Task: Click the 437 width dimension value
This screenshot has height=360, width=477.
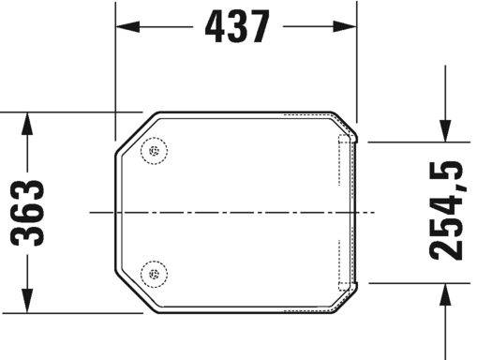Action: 236,28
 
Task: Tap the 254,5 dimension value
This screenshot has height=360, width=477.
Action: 445,211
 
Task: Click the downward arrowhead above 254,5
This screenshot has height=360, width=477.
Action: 444,130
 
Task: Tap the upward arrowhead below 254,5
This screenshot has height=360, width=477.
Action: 444,293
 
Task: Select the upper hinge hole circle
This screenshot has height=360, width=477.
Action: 153,152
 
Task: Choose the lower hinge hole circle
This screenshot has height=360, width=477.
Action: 153,274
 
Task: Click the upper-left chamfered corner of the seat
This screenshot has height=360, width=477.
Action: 131,131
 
